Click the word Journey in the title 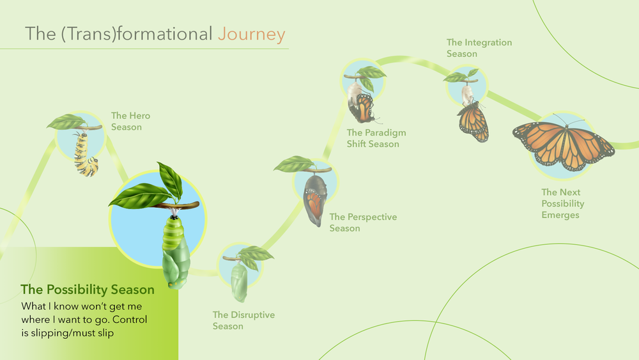[251, 35]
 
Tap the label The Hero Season [130, 121]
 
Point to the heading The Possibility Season [88, 290]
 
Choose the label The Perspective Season [363, 223]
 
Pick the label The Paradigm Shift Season [376, 138]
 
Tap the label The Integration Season [479, 48]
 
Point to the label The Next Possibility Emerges [563, 203]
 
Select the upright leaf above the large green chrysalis [171, 180]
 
